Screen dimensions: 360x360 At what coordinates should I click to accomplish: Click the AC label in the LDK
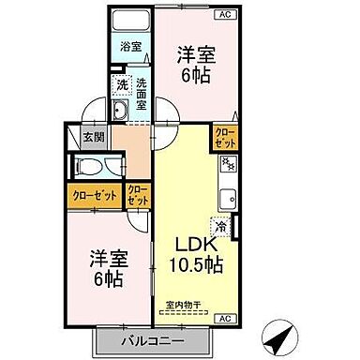pos(224,320)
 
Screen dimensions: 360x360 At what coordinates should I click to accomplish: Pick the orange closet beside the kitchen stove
pos(225,139)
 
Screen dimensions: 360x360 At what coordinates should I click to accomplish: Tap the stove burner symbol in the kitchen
pos(227,166)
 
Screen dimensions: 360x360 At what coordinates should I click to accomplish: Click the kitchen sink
pos(227,199)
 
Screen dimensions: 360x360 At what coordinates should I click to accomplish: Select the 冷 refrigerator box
pos(220,225)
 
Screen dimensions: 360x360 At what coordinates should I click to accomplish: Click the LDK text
pos(194,245)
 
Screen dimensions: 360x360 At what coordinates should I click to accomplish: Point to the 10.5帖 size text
pos(196,266)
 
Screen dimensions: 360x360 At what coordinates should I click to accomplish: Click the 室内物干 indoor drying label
pos(185,303)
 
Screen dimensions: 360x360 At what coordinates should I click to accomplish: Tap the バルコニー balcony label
pos(147,340)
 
